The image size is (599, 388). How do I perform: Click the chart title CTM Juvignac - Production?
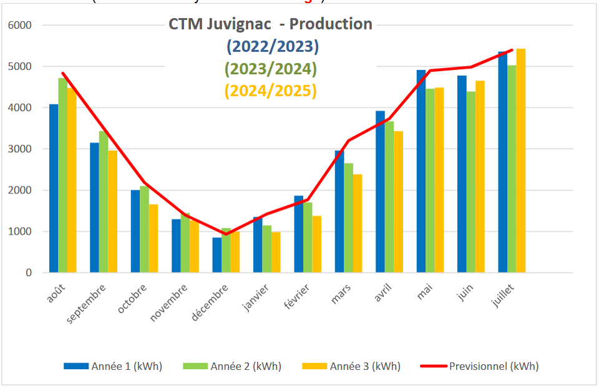(x=270, y=24)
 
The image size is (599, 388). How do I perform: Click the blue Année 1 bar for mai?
(x=421, y=171)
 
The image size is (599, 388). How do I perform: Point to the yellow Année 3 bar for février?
(x=317, y=244)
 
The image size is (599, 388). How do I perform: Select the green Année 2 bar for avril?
(x=389, y=196)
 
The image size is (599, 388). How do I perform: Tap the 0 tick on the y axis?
(x=28, y=273)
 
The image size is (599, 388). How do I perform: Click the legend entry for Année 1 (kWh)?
(x=113, y=366)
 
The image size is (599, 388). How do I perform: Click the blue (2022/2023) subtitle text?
(x=271, y=46)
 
